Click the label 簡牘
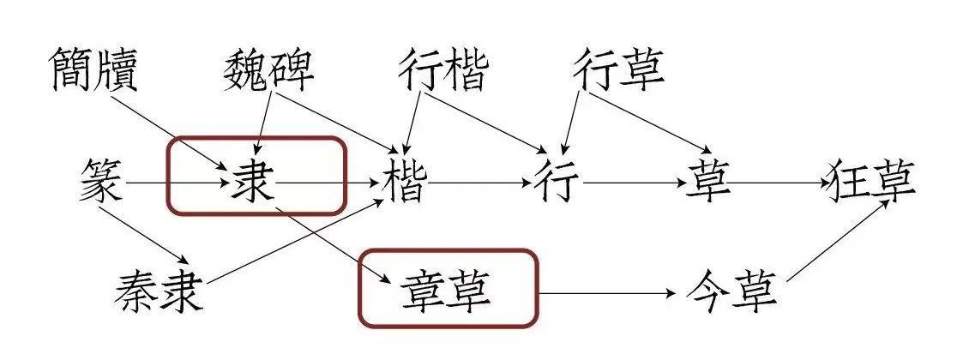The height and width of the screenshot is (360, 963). (93, 70)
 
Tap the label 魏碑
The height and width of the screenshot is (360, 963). (268, 70)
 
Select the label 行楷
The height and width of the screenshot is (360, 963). (442, 70)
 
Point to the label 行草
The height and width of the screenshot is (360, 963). (619, 70)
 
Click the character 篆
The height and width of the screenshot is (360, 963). (101, 183)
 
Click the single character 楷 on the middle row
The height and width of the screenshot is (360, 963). (403, 183)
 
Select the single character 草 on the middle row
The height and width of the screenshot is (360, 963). (708, 183)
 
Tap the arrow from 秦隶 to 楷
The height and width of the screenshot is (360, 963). (296, 240)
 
